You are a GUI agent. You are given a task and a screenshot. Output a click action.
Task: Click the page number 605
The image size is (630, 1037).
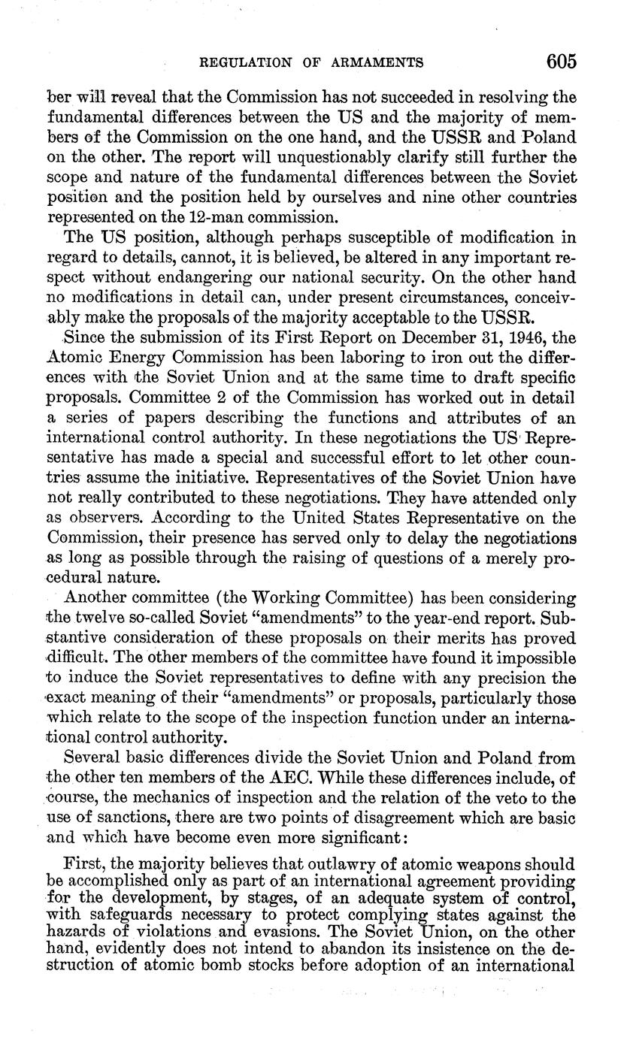pyautogui.click(x=562, y=61)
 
